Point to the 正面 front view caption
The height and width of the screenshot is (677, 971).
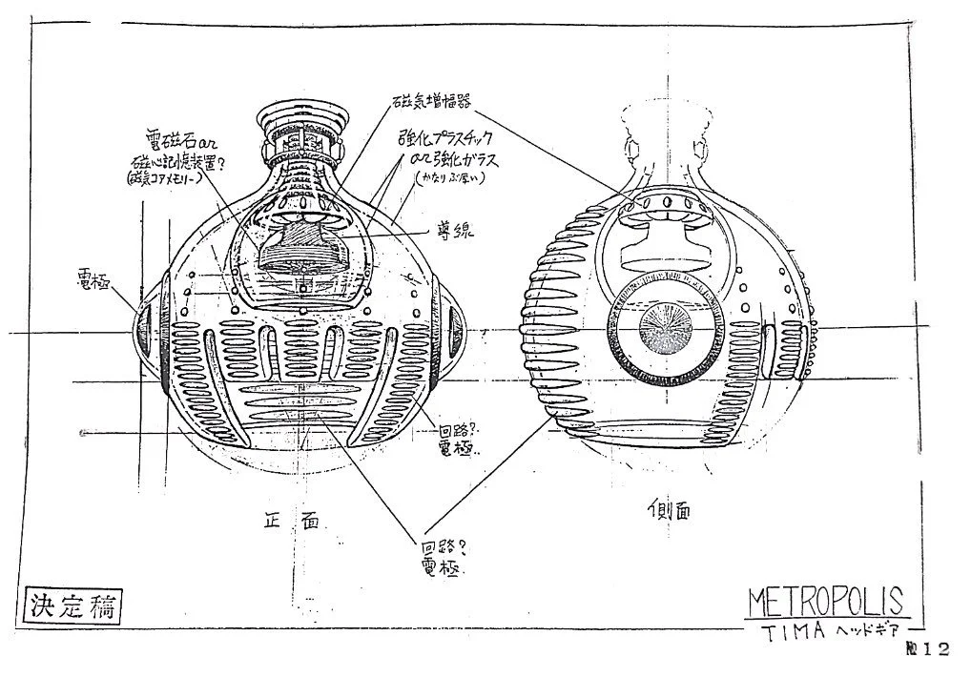click(288, 520)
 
